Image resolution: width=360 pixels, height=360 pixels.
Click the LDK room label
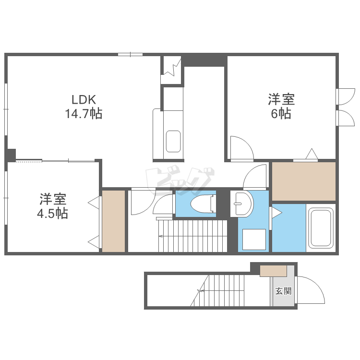click(x=84, y=100)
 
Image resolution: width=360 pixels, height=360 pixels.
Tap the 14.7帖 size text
click(x=84, y=114)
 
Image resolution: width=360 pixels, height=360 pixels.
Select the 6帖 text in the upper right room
click(x=281, y=114)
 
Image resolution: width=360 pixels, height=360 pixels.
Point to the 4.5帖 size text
click(x=53, y=214)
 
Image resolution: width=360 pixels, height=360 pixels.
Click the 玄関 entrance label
click(x=283, y=291)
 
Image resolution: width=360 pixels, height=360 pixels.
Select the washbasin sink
click(x=242, y=204)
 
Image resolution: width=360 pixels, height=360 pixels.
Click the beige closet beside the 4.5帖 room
click(x=114, y=221)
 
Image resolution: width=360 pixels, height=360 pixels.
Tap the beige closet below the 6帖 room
click(x=304, y=181)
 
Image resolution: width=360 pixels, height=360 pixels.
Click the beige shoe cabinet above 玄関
click(x=273, y=271)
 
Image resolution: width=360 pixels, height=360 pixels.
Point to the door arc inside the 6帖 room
click(x=241, y=148)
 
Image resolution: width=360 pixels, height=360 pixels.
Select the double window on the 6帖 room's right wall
click(x=344, y=107)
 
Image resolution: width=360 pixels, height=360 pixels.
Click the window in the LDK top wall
click(x=130, y=54)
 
